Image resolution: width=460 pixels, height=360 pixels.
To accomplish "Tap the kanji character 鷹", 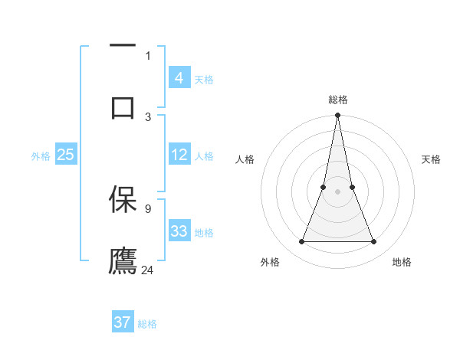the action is [123, 260].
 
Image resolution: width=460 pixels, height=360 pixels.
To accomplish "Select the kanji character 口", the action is [123, 106].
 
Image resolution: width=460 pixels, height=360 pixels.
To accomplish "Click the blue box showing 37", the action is [123, 322].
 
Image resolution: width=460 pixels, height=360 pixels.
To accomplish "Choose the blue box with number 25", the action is [65, 155].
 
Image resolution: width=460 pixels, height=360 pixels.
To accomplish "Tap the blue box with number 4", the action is [179, 78].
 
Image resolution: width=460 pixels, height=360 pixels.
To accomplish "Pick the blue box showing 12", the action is [179, 155].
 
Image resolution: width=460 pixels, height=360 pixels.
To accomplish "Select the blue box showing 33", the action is [179, 231].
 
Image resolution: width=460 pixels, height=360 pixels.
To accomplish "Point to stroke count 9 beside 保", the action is [148, 208].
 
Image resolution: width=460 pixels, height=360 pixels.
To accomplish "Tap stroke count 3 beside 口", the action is [148, 116].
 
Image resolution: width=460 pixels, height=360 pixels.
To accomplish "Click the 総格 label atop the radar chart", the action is [337, 100].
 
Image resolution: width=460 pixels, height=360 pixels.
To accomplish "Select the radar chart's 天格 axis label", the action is [432, 159].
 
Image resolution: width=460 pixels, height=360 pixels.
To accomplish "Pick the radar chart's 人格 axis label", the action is [245, 159].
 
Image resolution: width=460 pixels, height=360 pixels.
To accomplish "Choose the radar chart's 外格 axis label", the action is [270, 263].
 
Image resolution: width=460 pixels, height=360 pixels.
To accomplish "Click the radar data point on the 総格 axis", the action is [337, 116].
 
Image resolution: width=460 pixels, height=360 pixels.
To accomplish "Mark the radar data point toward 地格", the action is [373, 242].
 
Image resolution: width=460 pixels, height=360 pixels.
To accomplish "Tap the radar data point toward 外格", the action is [301, 242].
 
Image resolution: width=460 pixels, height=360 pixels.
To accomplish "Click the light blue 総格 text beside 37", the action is [148, 324].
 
